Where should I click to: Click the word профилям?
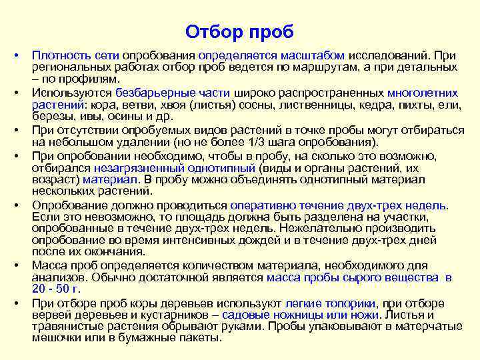93,78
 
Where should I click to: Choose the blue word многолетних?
423,93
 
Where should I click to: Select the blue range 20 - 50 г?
56,288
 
